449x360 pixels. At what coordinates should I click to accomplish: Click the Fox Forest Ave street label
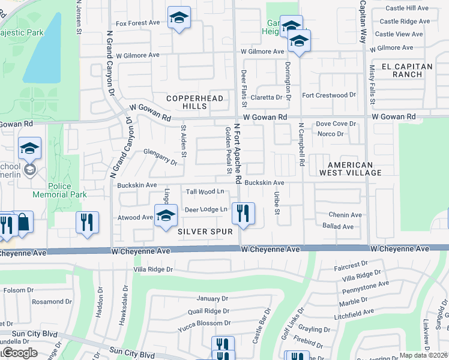pos(137,23)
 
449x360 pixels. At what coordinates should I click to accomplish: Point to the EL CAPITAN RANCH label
pos(420,70)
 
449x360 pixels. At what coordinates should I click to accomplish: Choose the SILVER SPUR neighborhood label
pos(205,231)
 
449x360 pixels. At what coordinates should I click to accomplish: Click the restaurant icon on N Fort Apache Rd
pos(243,214)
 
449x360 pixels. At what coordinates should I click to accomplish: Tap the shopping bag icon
pos(23,222)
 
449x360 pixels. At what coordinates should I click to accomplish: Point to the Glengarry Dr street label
pos(160,157)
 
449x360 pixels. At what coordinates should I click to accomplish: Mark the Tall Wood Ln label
pos(205,191)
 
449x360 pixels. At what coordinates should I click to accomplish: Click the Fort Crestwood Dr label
pos(329,95)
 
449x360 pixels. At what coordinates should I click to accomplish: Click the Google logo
pos(19,353)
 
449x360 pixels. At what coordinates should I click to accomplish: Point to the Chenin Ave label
pos(345,215)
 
